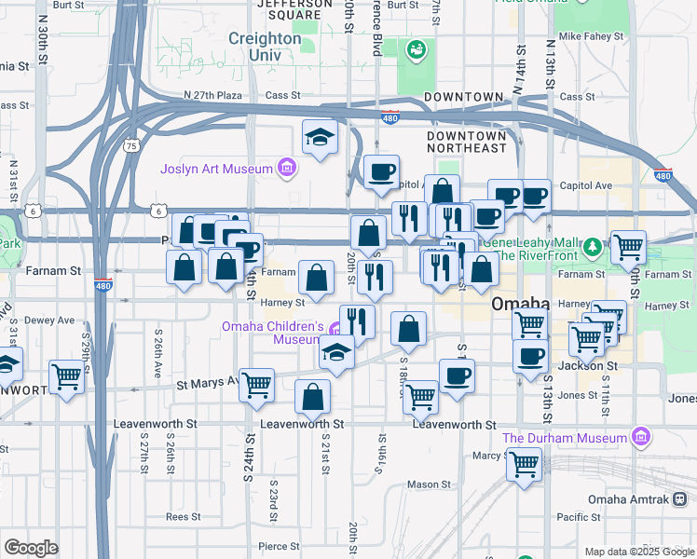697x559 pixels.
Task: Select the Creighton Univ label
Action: (x=266, y=48)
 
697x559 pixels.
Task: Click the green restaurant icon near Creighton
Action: (x=415, y=48)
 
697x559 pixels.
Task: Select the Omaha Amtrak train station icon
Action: (x=681, y=499)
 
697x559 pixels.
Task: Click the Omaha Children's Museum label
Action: (x=272, y=333)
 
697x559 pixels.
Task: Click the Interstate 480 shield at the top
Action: (x=391, y=116)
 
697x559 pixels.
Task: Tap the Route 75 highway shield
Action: (x=131, y=145)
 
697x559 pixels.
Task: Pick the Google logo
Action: (x=31, y=548)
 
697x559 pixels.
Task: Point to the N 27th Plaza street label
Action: (x=213, y=95)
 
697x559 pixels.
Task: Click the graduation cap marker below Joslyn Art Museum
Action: (x=320, y=137)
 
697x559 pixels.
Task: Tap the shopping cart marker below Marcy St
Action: (x=525, y=463)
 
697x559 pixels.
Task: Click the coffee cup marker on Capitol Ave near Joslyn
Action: (x=381, y=172)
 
